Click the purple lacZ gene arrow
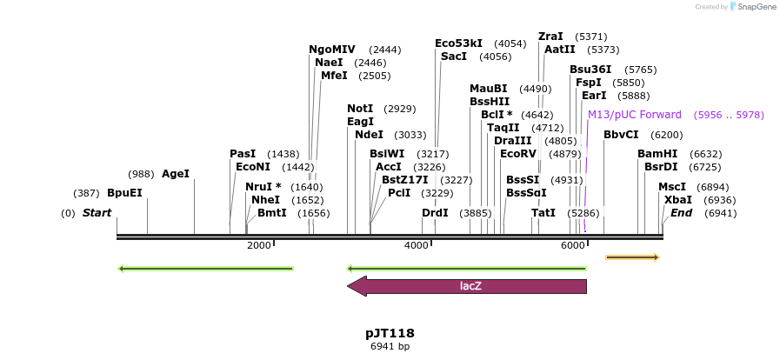pos(467,286)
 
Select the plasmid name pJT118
pos(390,333)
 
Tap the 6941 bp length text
pos(390,346)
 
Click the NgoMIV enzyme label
pos(332,50)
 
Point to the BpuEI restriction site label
pos(124,193)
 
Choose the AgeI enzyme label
pos(175,174)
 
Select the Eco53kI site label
pos(458,43)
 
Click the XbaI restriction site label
pos(678,200)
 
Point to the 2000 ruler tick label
pos(259,245)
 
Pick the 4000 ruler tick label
pos(417,245)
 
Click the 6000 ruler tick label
pos(573,245)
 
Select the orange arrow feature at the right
pos(632,257)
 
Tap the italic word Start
pos(97,213)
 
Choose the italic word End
pos(681,213)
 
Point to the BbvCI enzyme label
pos(621,135)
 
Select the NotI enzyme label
pos(360,109)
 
